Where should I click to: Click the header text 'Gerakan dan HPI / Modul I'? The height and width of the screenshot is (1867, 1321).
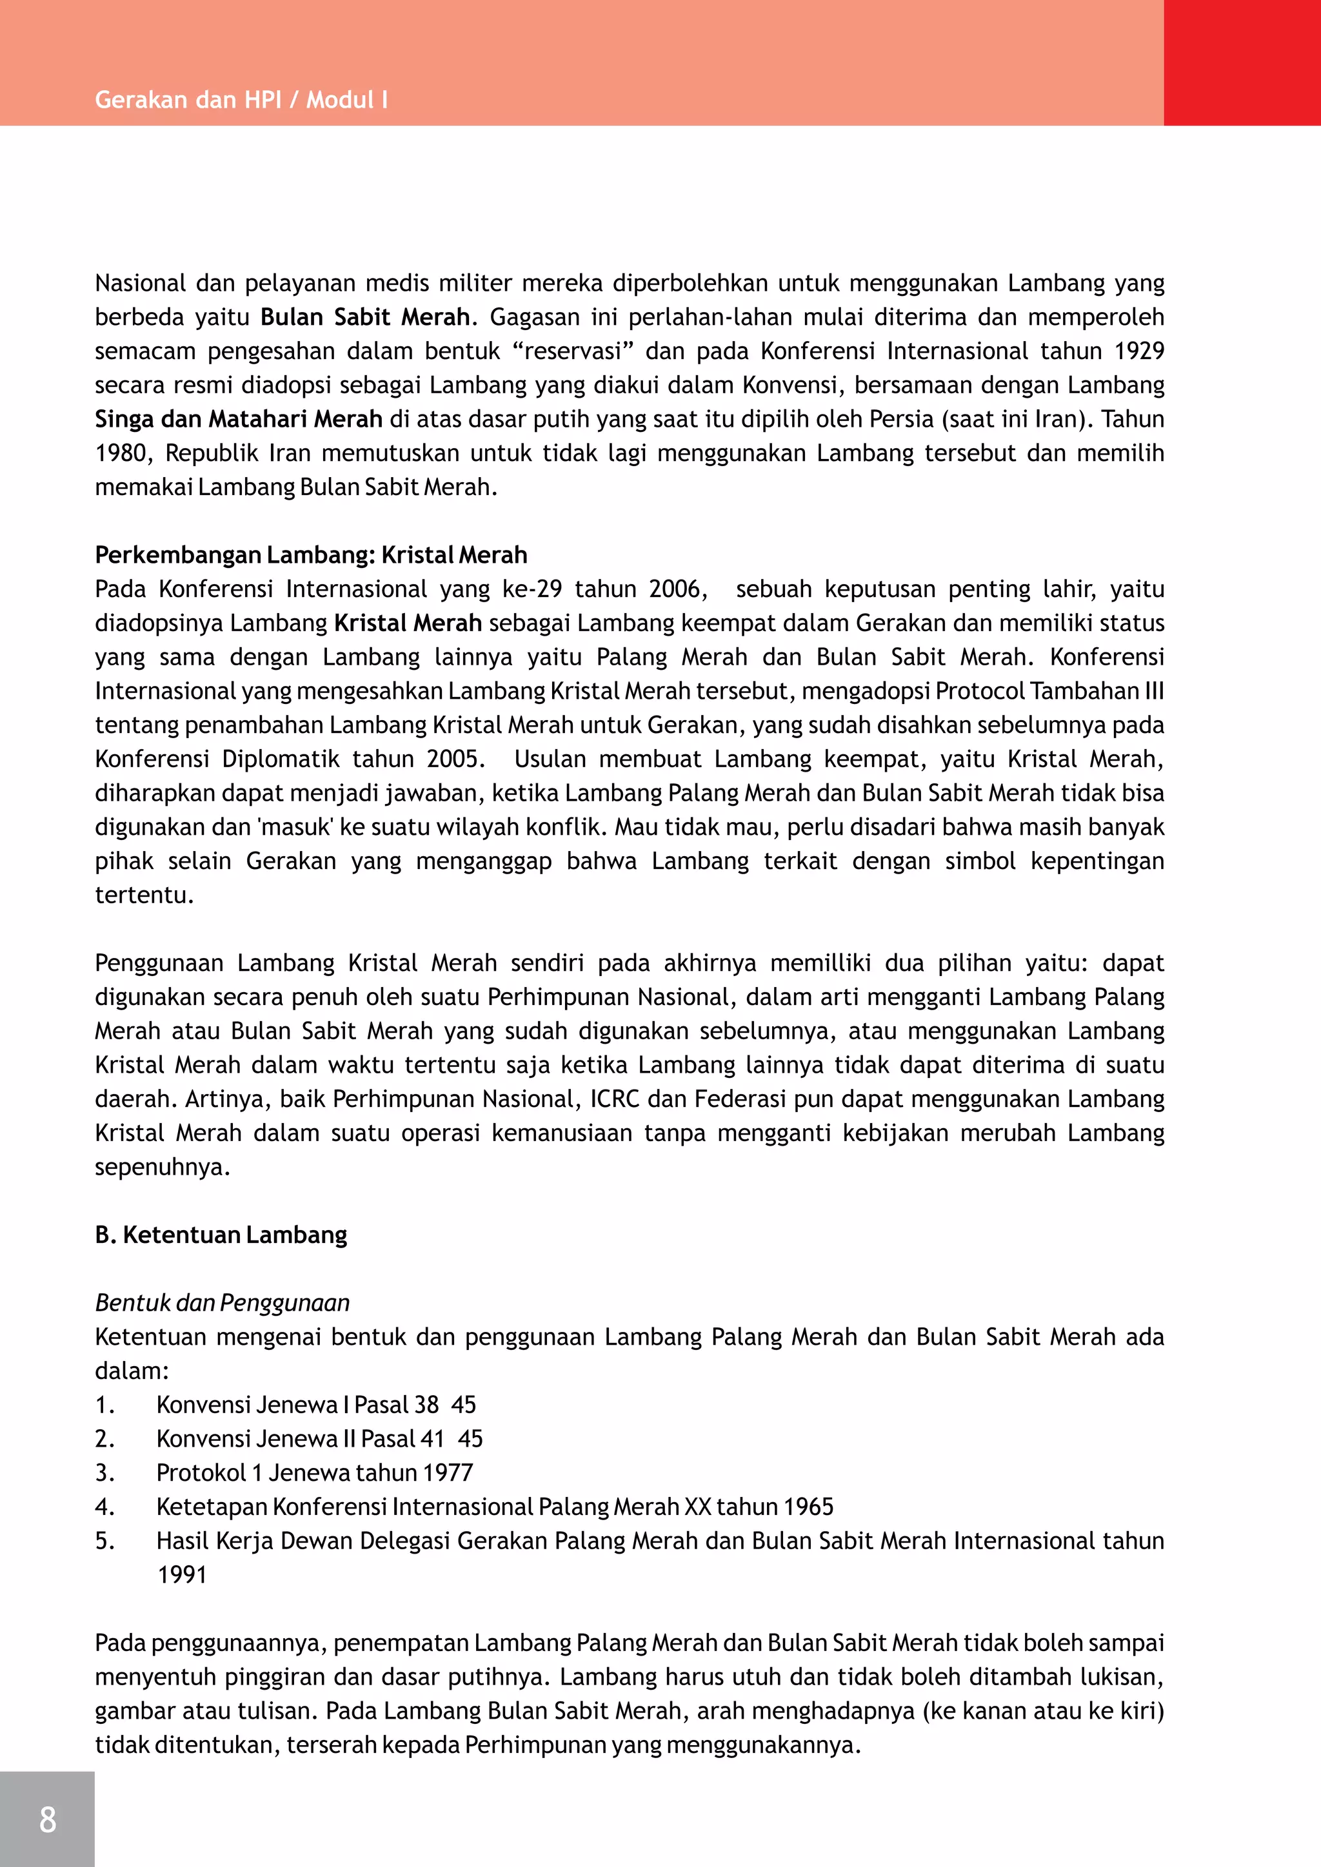[x=241, y=100]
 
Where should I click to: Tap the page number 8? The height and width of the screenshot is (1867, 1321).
[x=47, y=1819]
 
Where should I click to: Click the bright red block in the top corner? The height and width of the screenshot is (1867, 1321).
[x=1242, y=63]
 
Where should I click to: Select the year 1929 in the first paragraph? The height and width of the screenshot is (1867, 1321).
[x=1139, y=351]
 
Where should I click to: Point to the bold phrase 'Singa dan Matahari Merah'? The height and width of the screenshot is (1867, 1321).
[x=238, y=420]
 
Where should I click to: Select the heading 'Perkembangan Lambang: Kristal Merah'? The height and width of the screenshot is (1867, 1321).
[x=311, y=555]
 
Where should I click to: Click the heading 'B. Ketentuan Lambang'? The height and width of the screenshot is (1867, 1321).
[x=221, y=1235]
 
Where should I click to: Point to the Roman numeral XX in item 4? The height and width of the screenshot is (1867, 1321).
[x=697, y=1507]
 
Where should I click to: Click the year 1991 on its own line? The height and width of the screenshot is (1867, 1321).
[x=182, y=1575]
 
